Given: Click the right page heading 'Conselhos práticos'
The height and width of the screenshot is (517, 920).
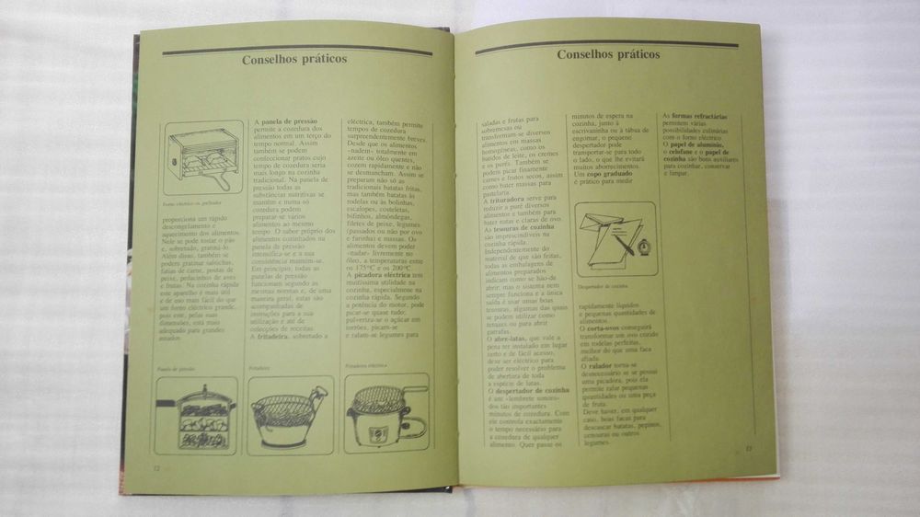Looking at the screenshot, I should pos(608,53).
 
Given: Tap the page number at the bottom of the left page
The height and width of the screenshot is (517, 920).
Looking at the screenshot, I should pos(157,466).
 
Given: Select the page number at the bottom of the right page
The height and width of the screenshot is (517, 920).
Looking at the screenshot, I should pos(749,448).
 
